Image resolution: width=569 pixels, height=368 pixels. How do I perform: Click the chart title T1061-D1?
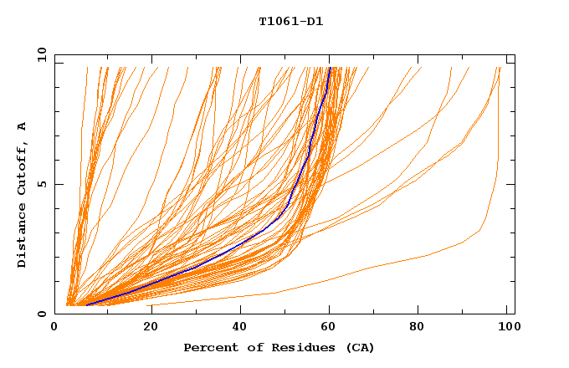click(291, 22)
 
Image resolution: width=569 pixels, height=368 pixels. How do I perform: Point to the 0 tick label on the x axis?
click(55, 329)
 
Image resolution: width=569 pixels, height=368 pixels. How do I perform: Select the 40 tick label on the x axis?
click(240, 329)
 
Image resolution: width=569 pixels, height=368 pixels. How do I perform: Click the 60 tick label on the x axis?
click(331, 329)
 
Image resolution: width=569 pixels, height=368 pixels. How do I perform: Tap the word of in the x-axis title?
click(249, 348)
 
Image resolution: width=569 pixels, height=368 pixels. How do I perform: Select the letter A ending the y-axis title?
click(23, 125)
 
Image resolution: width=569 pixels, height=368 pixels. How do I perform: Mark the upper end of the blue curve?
click(330, 68)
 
